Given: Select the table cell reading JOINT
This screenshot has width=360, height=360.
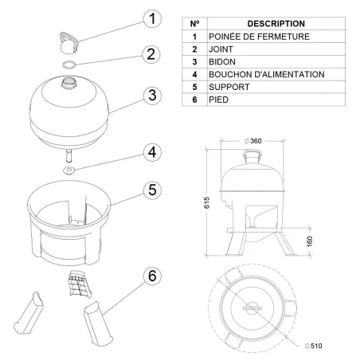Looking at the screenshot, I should click(221, 49).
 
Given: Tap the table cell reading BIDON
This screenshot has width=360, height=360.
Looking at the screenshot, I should click(221, 61).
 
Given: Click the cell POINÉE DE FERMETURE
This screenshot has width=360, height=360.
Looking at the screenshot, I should click(253, 37).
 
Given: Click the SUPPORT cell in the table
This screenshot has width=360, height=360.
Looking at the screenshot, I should click(226, 87).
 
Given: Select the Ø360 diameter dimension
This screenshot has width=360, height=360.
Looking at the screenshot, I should click(253, 141).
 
